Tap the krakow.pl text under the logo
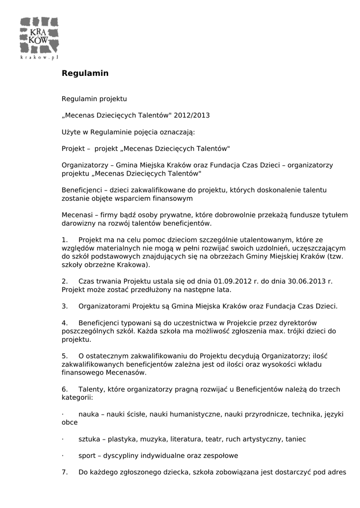[x=40, y=58]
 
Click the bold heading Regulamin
[x=85, y=73]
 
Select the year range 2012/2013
[x=192, y=116]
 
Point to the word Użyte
[x=72, y=132]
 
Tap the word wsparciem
[x=147, y=198]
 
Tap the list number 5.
[x=65, y=356]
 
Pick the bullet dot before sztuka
[x=63, y=439]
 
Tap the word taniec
[x=296, y=439]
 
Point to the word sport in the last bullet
[x=87, y=455]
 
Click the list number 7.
[x=65, y=472]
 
